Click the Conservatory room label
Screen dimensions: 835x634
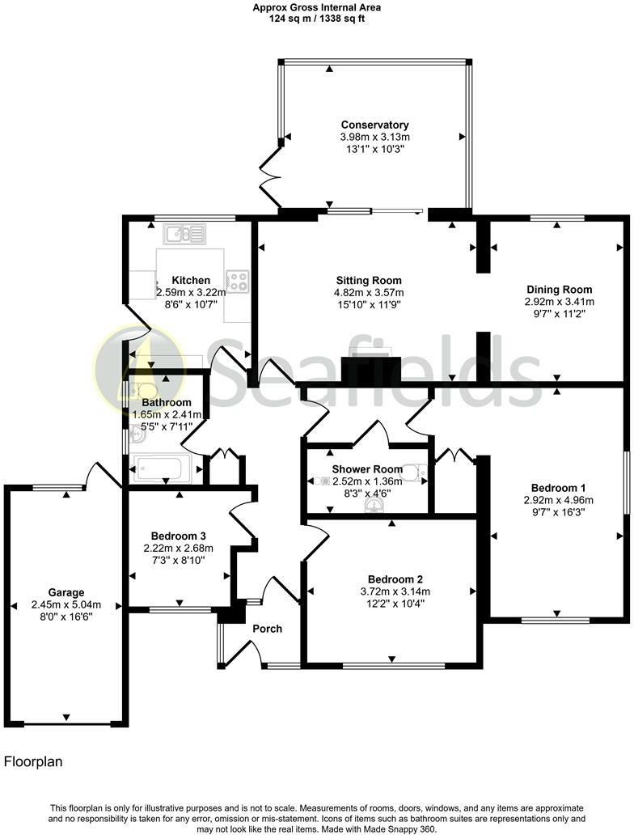(374, 125)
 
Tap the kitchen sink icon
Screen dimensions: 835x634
(185, 234)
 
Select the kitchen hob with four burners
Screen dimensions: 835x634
(237, 281)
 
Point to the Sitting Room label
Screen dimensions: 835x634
(370, 281)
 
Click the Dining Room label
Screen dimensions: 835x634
(560, 290)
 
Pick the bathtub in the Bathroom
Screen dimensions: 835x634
(166, 468)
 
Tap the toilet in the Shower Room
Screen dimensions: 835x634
(413, 472)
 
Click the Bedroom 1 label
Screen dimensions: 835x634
(558, 488)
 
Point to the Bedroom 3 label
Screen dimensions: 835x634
(179, 536)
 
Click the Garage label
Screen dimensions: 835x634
(66, 592)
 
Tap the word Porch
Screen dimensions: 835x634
(267, 629)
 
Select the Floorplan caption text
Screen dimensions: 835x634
(33, 761)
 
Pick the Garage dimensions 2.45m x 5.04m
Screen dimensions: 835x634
(66, 604)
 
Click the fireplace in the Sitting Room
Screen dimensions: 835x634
(368, 370)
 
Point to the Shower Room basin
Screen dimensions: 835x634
(374, 506)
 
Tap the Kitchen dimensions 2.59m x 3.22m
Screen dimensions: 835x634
(190, 293)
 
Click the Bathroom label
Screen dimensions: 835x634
(167, 403)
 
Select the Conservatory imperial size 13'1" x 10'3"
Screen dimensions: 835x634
(374, 149)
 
